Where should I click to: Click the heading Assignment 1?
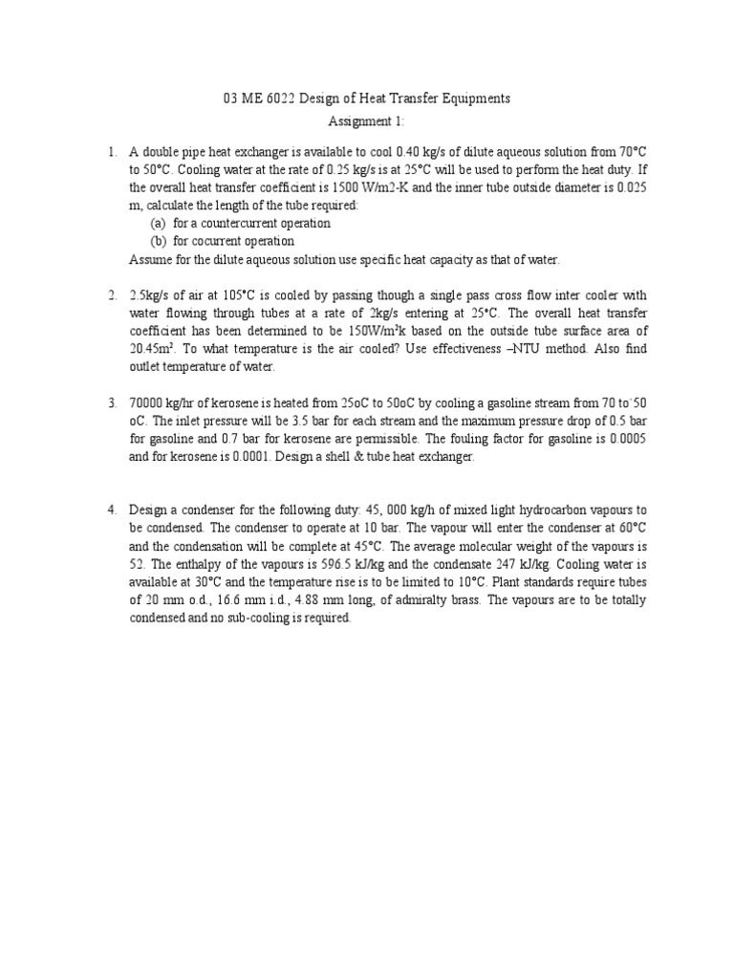coord(367,121)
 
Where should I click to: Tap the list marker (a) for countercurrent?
coord(158,223)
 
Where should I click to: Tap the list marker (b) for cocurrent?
coord(158,241)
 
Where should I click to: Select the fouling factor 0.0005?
coord(627,440)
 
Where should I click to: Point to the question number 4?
coord(112,511)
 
